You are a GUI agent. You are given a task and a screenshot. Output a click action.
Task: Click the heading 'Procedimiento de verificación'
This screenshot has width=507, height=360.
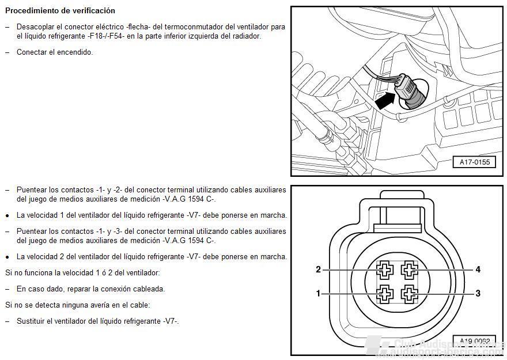(60, 11)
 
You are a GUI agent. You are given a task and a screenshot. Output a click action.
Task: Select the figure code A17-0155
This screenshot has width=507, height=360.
(474, 162)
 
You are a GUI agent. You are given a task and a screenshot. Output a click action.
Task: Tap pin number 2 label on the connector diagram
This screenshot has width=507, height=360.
(318, 269)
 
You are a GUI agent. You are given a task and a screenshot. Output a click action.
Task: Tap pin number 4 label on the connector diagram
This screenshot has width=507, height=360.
(478, 269)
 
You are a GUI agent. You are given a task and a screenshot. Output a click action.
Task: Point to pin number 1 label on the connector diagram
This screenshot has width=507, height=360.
(318, 293)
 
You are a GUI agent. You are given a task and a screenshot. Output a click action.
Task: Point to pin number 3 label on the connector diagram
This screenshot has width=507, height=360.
(478, 293)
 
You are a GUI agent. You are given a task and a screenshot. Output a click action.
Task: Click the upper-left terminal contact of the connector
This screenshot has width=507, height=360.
(384, 269)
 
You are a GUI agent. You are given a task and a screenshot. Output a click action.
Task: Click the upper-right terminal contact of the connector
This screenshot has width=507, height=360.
(410, 269)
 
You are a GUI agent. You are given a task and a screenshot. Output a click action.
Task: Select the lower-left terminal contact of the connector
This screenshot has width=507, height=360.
(384, 294)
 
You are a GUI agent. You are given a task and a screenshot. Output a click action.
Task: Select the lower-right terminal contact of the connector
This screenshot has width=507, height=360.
(410, 294)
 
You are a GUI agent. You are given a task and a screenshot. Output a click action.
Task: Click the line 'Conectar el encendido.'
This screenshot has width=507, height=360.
(55, 52)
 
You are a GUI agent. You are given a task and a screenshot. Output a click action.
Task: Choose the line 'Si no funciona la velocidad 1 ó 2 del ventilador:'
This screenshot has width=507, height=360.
(82, 272)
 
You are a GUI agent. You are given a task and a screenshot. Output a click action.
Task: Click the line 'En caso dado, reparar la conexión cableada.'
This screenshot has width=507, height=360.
(90, 289)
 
